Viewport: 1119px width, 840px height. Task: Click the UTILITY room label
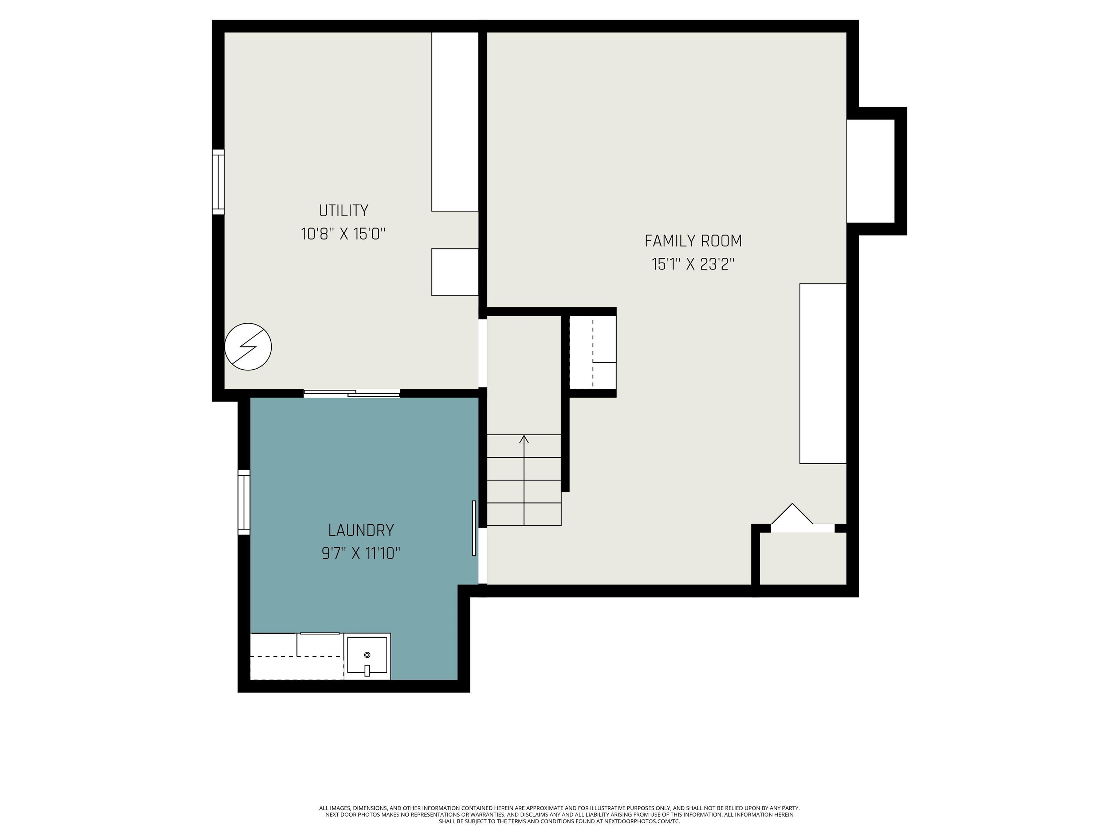pos(343,210)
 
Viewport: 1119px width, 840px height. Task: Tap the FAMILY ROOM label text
pos(693,241)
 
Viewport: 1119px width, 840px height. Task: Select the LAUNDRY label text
pos(361,530)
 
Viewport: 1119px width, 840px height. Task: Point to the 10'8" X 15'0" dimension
pos(343,234)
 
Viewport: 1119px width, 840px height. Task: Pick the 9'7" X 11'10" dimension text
pos(361,553)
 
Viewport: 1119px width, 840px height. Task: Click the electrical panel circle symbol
pos(248,347)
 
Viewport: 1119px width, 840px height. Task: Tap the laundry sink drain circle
pos(367,655)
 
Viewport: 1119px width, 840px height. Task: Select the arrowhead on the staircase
pos(524,439)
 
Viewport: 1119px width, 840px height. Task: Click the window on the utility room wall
pos(218,182)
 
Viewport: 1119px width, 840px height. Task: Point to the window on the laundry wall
pos(244,502)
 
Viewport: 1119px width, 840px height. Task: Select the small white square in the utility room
pos(455,272)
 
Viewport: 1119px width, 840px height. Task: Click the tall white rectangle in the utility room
pos(455,121)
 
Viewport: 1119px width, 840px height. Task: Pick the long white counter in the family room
pos(823,373)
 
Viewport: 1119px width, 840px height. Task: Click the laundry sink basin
pos(367,656)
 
